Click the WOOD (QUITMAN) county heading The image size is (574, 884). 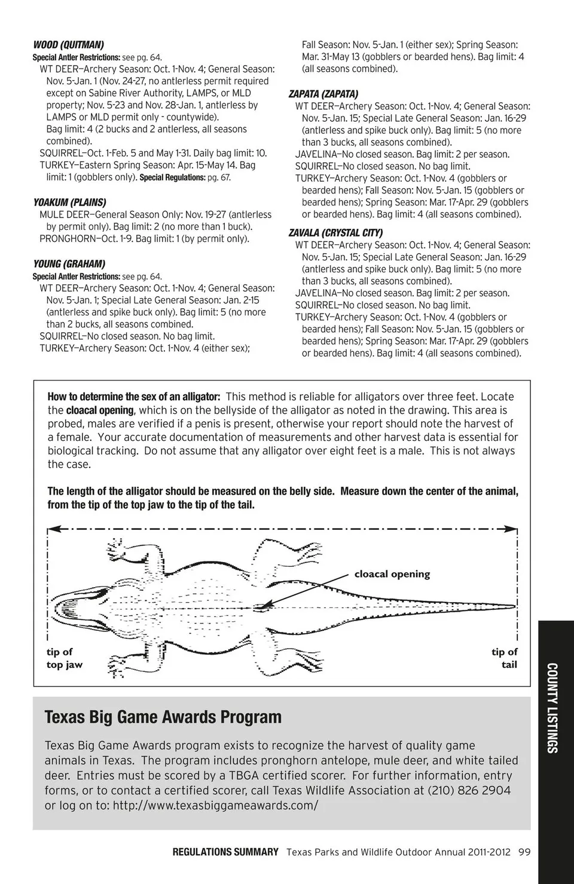pos(68,45)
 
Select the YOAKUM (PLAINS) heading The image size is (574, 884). pos(69,202)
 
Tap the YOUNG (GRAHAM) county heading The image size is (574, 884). pos(69,264)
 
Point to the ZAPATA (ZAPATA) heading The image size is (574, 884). pos(323,94)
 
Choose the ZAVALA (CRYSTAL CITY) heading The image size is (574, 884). pos(335,233)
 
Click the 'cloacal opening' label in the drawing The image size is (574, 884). pos(392,574)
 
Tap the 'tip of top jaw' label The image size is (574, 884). pos(64,658)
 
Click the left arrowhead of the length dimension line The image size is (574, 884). pos(51,529)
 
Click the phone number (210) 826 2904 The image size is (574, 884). pos(469,790)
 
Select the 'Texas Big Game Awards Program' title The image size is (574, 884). pos(163,717)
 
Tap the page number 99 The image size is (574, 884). pos(524,852)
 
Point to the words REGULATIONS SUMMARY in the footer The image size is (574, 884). pos(225,852)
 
